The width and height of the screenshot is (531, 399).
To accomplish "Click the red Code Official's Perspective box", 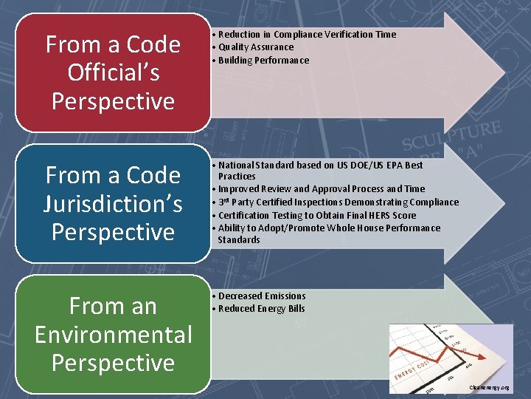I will (113, 72).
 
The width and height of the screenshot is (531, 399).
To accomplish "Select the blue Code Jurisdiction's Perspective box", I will (113, 203).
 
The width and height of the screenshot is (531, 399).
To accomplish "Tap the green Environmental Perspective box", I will (113, 334).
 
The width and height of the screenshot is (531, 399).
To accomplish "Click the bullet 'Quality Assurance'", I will (255, 47).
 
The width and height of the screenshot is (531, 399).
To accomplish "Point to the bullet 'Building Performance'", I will (263, 61).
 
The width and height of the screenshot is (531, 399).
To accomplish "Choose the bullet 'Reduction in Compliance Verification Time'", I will (307, 35).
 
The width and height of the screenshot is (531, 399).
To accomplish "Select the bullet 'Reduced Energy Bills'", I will (261, 309).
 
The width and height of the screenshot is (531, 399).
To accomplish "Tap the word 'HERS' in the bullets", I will (385, 216).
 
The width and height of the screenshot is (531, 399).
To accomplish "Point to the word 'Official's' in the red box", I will (113, 72).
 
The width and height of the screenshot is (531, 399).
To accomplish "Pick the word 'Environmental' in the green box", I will (113, 334).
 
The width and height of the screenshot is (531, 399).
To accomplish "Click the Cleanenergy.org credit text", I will (488, 388).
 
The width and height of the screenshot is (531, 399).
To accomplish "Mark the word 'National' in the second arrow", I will (236, 166).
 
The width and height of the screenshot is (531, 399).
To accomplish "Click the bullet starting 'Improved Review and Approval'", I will (322, 189).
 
